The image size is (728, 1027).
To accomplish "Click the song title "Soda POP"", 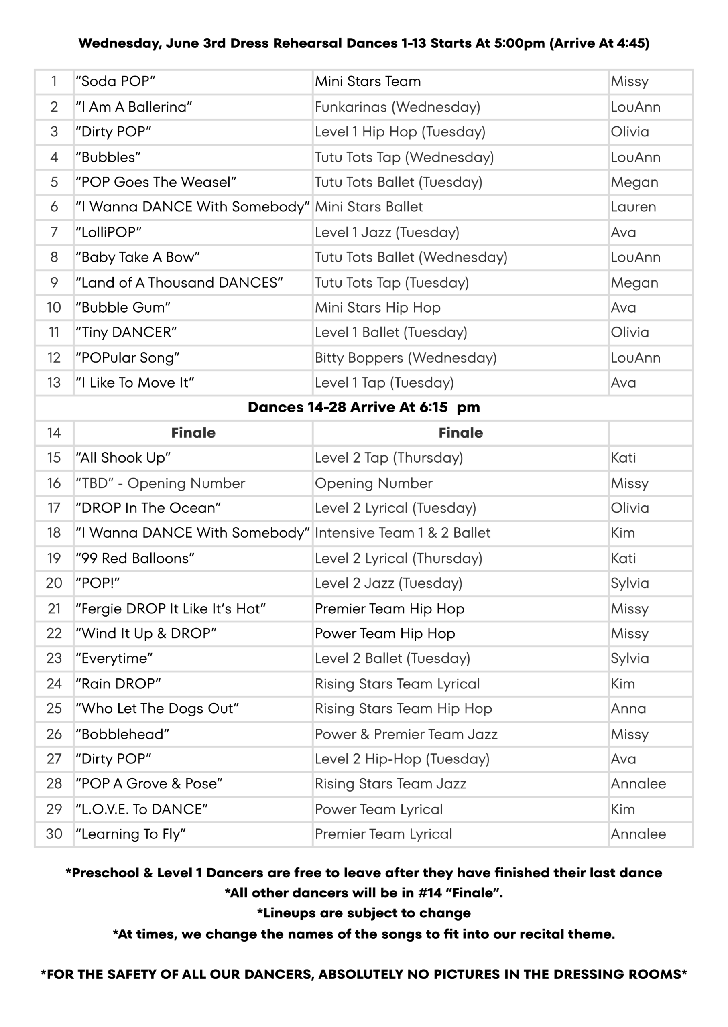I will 115,81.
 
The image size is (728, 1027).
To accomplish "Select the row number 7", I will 54,232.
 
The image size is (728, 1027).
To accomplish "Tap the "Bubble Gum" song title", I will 123,307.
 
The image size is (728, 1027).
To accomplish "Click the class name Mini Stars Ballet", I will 368,207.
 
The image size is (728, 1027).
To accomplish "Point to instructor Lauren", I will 633,207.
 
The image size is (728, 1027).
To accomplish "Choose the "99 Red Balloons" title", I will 135,558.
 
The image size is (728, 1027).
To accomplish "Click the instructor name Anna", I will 628,708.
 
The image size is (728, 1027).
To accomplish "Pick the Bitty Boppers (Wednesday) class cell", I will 406,357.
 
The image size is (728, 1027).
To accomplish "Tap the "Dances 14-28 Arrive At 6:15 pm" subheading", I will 364,407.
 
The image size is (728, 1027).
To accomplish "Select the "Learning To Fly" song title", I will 130,834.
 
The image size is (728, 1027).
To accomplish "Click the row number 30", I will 54,834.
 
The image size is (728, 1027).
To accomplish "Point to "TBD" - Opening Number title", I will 160,483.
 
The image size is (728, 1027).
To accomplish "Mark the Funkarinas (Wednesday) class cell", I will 397,107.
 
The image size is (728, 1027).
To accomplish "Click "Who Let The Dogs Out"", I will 157,708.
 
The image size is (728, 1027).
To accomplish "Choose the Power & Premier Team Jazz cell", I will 406,734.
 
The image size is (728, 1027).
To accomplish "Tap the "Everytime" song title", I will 114,658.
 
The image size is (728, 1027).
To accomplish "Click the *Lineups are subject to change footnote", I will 364,913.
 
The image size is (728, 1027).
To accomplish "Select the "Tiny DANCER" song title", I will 126,333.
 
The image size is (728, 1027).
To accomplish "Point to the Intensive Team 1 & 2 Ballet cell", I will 402,533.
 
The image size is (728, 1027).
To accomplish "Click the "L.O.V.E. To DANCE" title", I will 141,809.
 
